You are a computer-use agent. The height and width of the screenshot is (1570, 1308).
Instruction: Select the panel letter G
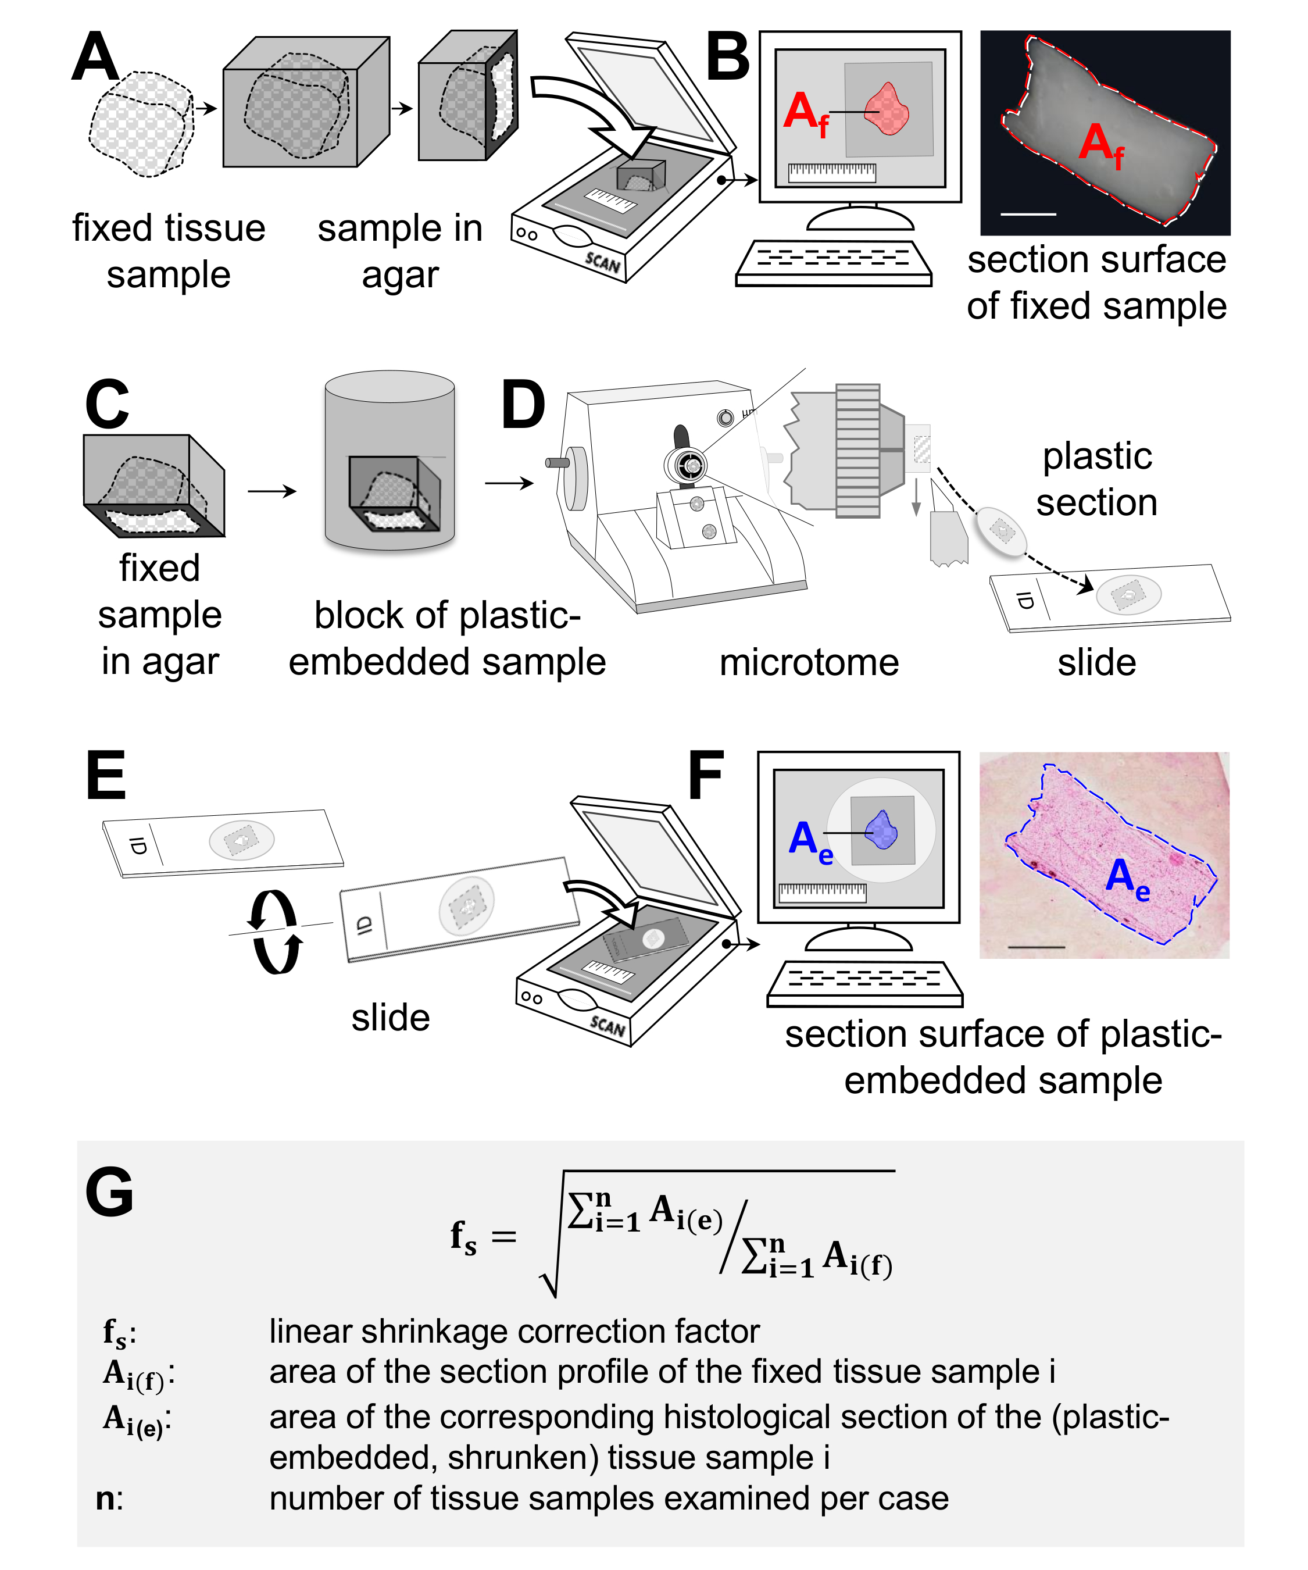(x=109, y=1193)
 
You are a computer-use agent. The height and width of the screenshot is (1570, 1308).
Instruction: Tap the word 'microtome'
(x=809, y=662)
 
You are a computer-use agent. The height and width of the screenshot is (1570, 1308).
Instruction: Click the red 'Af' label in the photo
(x=1101, y=147)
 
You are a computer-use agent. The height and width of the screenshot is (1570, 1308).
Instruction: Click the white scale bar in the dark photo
(x=1028, y=215)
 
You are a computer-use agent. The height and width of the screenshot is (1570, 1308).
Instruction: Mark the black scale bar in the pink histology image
(x=1036, y=947)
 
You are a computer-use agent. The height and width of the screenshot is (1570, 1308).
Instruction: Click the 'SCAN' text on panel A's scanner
(x=602, y=262)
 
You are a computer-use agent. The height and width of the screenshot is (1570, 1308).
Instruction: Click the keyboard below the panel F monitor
(x=865, y=983)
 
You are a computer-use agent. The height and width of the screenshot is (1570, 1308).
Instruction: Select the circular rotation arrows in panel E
(x=276, y=932)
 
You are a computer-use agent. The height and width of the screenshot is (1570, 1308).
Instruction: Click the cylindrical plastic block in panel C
(x=389, y=460)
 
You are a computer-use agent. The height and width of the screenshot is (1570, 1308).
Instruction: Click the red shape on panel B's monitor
(x=887, y=109)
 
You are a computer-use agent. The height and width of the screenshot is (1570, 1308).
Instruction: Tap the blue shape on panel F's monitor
(x=881, y=830)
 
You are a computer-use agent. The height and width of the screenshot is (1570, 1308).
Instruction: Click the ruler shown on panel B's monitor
(x=832, y=173)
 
